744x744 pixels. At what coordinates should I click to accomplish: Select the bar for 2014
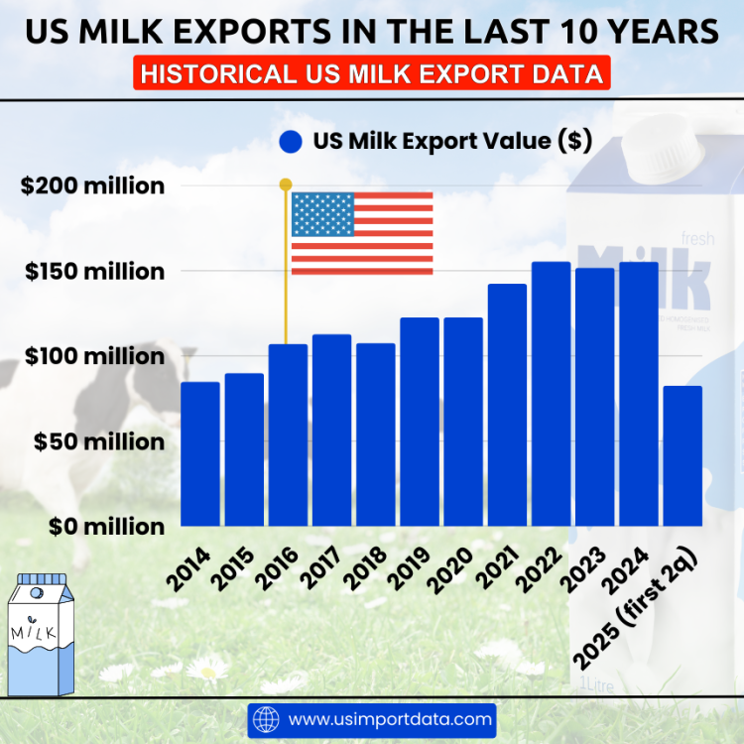coord(199,453)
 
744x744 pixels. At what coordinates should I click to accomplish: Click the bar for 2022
coord(551,394)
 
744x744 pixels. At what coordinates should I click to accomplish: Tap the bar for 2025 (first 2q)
coord(682,455)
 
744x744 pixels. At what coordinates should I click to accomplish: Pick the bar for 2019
coord(420,422)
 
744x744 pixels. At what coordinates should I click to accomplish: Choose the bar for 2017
coord(331,430)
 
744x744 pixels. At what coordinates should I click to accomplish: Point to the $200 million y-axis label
coord(92,186)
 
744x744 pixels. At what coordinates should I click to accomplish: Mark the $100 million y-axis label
coord(92,355)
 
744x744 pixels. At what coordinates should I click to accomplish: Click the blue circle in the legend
coord(291,142)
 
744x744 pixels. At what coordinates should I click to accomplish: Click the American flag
coord(362,233)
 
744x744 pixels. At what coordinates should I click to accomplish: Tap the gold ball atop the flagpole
coord(286,184)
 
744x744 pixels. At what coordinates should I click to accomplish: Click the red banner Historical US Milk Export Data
coord(371,74)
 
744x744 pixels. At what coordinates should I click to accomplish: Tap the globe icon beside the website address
coord(267,718)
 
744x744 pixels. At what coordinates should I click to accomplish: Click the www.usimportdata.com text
coord(389,718)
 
